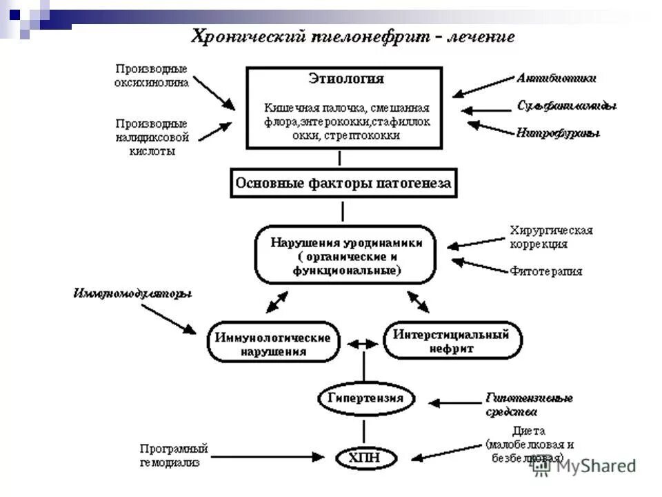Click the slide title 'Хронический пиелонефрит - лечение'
[x=352, y=37]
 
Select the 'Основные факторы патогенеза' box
[x=343, y=184]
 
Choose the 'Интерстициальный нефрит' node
[x=452, y=341]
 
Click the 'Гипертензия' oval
[x=361, y=398]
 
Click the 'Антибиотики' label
[x=556, y=79]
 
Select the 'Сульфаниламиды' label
[x=567, y=106]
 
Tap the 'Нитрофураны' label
[x=558, y=133]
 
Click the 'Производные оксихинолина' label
[x=151, y=75]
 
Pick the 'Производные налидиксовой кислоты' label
[x=152, y=137]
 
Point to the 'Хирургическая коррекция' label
[x=551, y=237]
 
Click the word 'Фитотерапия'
[x=546, y=271]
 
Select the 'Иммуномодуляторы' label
[x=132, y=294]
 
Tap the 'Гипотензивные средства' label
[x=529, y=405]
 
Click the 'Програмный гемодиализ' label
[x=174, y=456]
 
